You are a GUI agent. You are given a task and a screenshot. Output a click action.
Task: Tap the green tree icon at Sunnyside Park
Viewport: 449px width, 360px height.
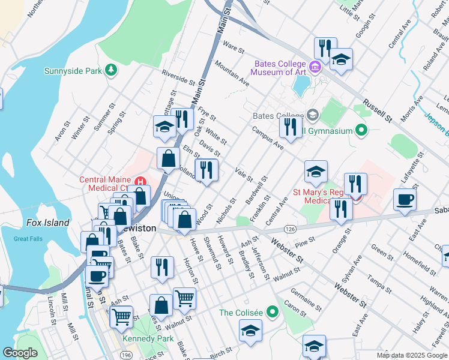110,70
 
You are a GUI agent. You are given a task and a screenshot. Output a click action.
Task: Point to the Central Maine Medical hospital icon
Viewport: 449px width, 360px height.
140,181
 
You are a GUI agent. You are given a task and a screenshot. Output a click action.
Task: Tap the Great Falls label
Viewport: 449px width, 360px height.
28,239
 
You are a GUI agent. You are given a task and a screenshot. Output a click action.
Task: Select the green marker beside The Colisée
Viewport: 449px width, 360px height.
273,312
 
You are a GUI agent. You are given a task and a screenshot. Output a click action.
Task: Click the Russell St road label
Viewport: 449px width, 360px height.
376,109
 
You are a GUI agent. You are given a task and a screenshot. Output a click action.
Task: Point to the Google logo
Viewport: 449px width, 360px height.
20,353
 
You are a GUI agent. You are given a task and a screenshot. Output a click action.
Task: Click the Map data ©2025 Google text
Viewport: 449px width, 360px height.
412,355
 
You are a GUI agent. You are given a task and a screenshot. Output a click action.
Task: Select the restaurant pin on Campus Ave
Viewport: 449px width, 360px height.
290,127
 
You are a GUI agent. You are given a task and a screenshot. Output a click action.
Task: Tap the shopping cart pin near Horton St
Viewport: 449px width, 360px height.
184,298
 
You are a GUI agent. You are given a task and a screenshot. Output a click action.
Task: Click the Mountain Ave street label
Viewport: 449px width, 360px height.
232,73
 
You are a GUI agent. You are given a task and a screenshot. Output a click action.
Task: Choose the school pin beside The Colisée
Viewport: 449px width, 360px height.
251,331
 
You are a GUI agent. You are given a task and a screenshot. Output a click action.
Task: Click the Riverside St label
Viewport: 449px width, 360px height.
178,77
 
